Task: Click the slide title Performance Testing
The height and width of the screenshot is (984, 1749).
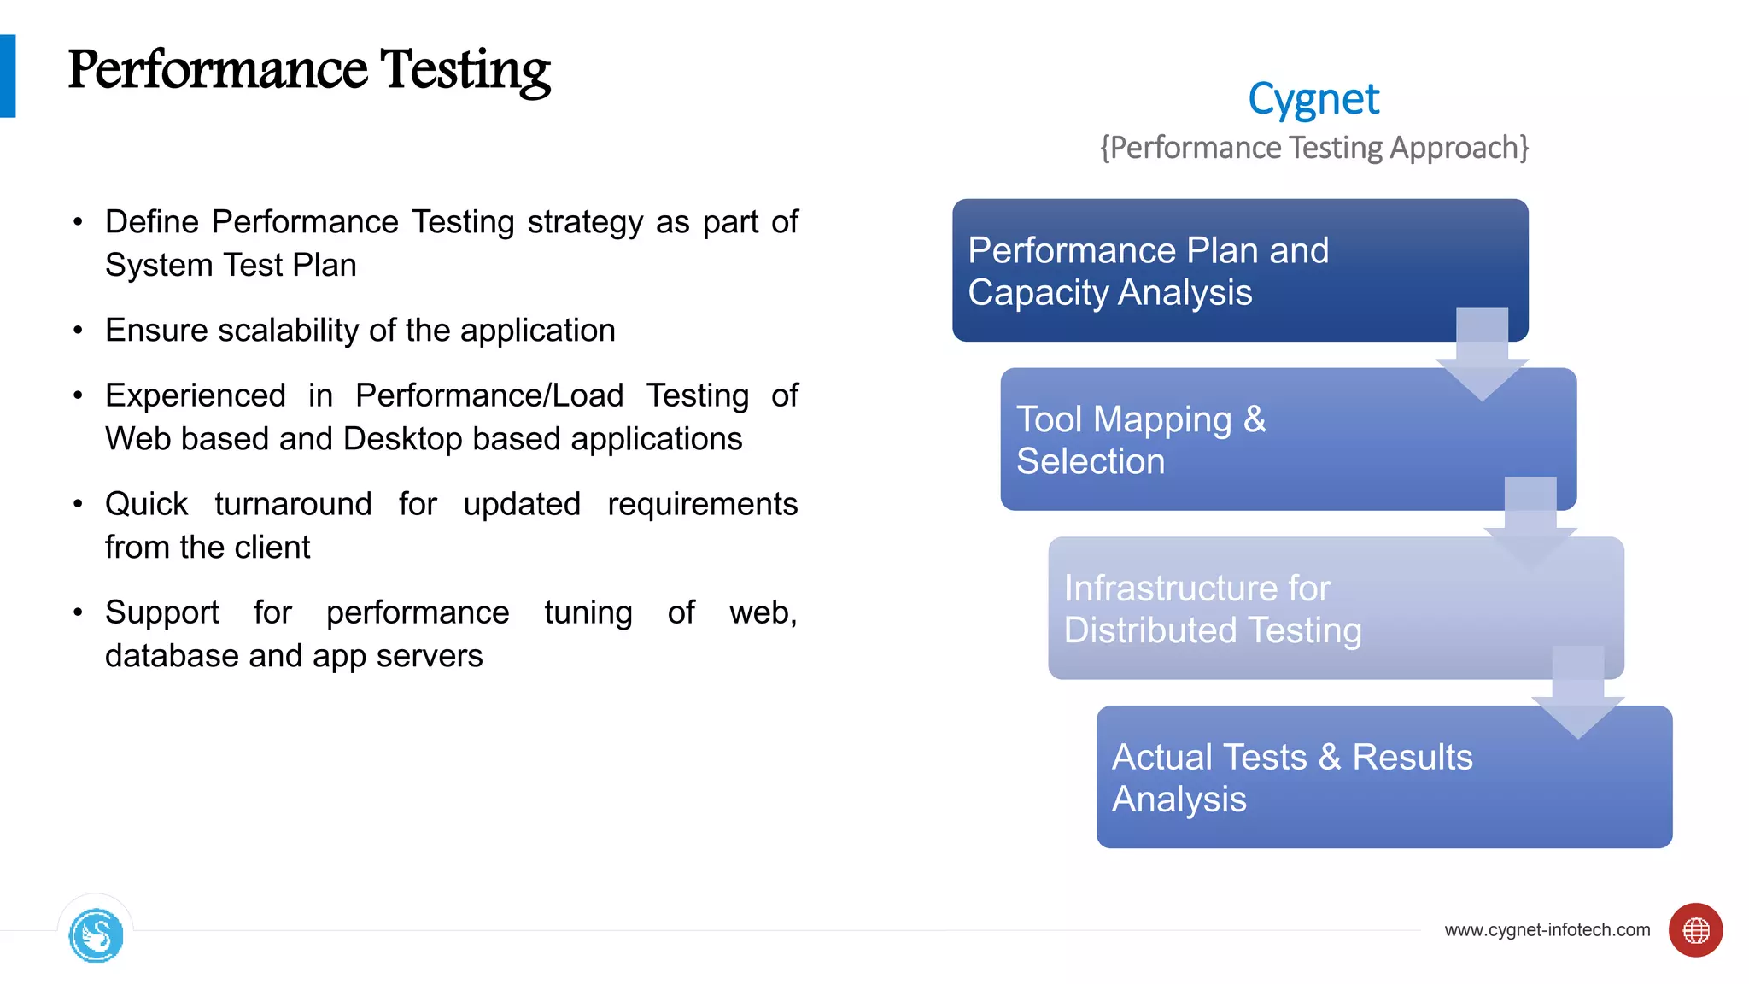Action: coord(309,70)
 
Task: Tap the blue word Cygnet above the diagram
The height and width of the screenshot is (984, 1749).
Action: coord(1313,99)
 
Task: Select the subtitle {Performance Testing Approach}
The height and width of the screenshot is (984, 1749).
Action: coord(1313,148)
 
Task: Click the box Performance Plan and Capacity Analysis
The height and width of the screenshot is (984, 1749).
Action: coord(1196,271)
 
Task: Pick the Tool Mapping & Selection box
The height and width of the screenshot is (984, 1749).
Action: coord(1238,440)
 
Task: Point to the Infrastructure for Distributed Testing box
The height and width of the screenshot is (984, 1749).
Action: coord(1281,609)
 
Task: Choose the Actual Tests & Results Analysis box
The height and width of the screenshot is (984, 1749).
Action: coord(1332,778)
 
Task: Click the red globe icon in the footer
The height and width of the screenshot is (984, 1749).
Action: coord(1695,930)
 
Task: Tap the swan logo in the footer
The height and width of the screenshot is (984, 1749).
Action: coord(96,935)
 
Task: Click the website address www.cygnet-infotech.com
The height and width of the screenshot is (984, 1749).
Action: coord(1547,930)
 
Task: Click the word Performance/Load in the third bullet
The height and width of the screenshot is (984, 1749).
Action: coord(489,395)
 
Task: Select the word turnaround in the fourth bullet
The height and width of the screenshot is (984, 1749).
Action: coord(293,504)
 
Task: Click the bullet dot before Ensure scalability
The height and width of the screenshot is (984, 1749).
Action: coord(78,331)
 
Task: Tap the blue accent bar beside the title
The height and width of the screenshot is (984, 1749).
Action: coord(8,76)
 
